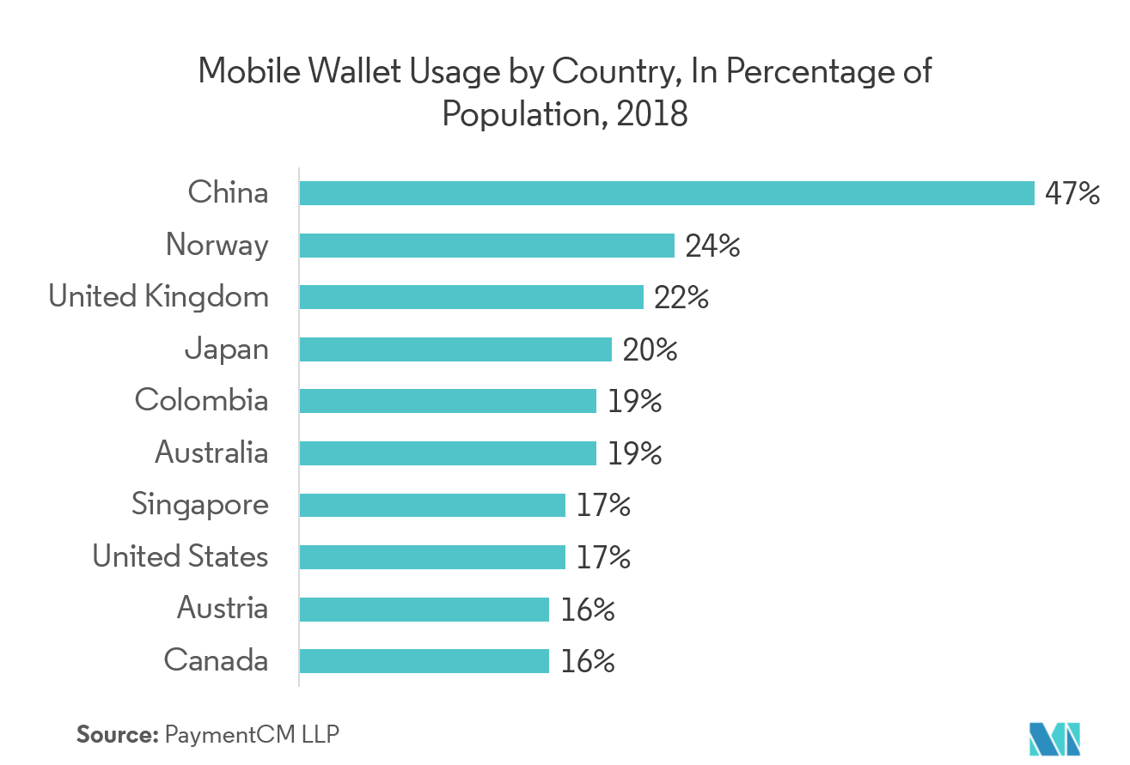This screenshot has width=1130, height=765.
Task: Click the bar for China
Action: (x=666, y=193)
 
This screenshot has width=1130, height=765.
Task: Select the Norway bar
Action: (x=486, y=246)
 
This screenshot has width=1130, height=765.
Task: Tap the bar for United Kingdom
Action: (x=471, y=297)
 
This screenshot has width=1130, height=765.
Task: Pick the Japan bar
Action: (x=455, y=349)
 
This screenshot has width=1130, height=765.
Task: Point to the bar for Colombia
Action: (x=448, y=401)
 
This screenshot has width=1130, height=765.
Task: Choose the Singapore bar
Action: (x=432, y=505)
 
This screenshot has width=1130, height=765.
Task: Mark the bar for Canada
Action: (x=424, y=660)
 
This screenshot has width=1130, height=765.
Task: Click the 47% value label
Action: (x=1072, y=193)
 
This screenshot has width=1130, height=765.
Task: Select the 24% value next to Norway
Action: (x=712, y=246)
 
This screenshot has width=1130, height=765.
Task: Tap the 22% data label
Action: (x=681, y=298)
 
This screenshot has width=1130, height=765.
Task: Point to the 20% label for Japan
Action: (x=650, y=350)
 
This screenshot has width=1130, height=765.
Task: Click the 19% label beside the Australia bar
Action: (x=634, y=453)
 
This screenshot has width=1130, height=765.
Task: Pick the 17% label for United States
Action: (x=603, y=557)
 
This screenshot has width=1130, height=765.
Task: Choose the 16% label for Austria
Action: (x=588, y=610)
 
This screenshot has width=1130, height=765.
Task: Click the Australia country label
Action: (x=211, y=452)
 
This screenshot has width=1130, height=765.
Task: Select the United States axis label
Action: (x=180, y=556)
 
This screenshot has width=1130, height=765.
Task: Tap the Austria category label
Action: (x=223, y=609)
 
